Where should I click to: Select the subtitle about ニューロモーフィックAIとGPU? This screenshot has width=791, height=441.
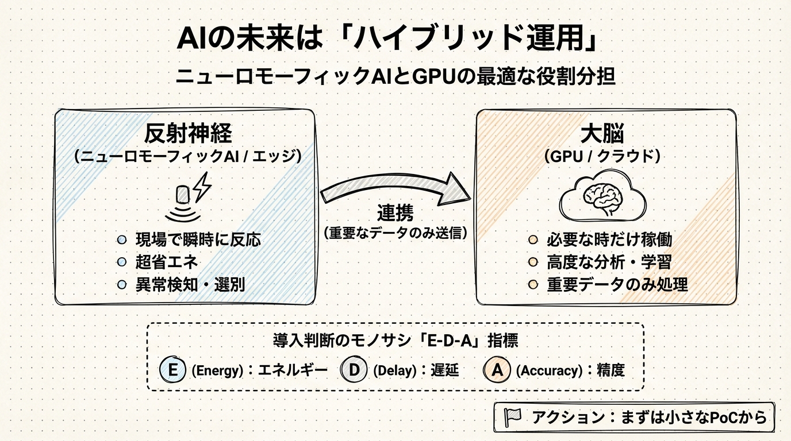click(x=395, y=77)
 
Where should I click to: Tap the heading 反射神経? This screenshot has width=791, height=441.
click(x=188, y=134)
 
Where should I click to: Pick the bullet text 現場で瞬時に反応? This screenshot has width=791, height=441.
click(x=198, y=239)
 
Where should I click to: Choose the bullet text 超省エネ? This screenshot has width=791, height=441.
click(x=167, y=262)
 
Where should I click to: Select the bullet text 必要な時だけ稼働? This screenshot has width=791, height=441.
click(x=609, y=239)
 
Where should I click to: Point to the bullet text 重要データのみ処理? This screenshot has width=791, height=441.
click(x=617, y=284)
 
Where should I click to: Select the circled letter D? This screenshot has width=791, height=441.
click(x=355, y=370)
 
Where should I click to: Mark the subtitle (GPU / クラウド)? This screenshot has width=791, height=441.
click(x=602, y=156)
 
